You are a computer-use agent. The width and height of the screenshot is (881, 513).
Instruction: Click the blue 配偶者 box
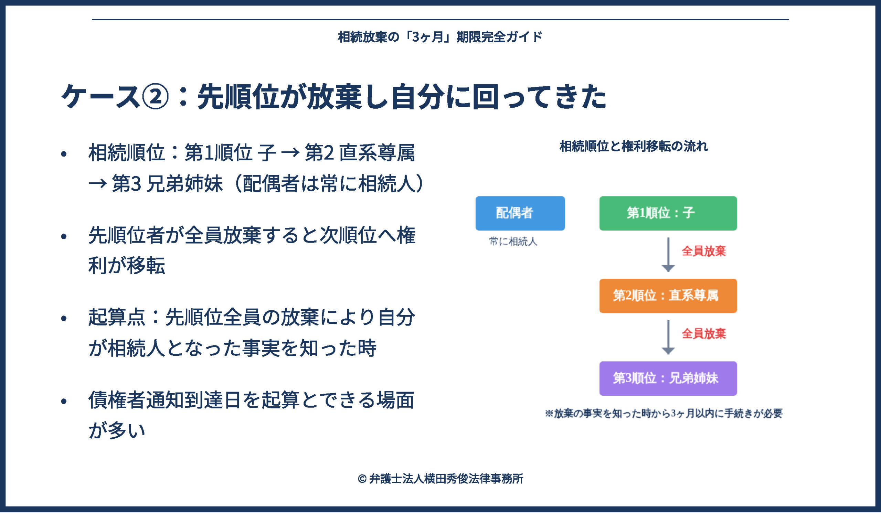[520, 213]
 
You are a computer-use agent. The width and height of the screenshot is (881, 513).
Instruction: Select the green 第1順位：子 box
[668, 213]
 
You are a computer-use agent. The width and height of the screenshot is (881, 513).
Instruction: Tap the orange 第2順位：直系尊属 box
[668, 296]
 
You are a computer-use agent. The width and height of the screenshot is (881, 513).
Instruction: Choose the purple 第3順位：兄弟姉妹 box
[668, 378]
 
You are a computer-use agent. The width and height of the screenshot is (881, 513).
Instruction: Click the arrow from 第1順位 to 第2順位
[668, 254]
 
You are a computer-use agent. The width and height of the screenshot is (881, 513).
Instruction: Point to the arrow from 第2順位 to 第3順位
[668, 337]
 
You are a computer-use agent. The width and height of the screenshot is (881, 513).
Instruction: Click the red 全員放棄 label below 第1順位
[704, 251]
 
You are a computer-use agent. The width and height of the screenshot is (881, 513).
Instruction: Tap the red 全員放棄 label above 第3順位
[704, 334]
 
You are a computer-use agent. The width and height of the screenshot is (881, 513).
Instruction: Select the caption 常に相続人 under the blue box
[513, 242]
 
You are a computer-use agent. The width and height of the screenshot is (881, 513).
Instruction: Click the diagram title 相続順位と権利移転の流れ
[634, 146]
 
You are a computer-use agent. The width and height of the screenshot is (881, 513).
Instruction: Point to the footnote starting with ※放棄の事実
[664, 414]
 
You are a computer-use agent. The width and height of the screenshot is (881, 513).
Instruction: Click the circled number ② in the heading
[155, 96]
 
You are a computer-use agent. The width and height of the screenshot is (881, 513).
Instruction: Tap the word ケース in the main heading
[101, 96]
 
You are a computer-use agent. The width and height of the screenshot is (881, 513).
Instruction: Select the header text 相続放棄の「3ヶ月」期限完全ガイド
[440, 37]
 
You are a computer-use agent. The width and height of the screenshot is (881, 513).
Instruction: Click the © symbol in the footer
[362, 479]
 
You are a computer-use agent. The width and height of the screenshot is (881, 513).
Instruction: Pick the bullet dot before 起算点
[64, 318]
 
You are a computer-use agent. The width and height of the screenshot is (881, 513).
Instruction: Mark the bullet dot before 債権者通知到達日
[64, 401]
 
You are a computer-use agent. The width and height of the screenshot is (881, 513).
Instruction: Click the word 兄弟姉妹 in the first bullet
[184, 183]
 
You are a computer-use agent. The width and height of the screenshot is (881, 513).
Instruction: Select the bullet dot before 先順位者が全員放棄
[64, 236]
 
